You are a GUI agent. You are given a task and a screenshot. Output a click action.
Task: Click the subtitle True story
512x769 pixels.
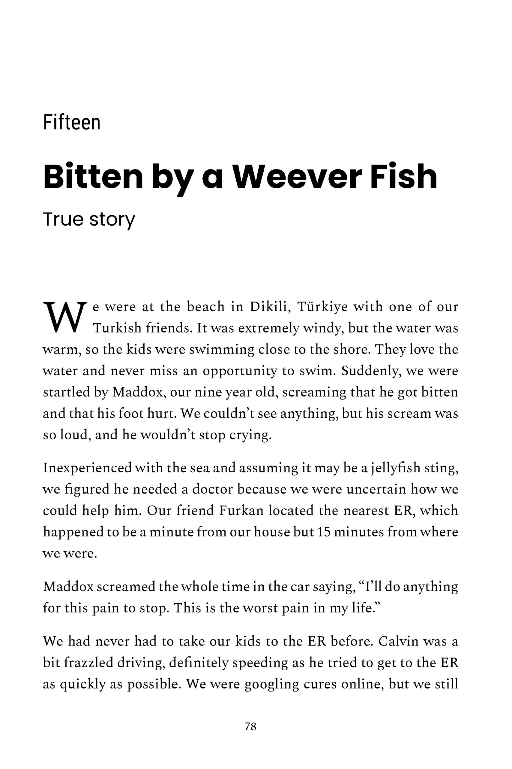pos(89,219)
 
